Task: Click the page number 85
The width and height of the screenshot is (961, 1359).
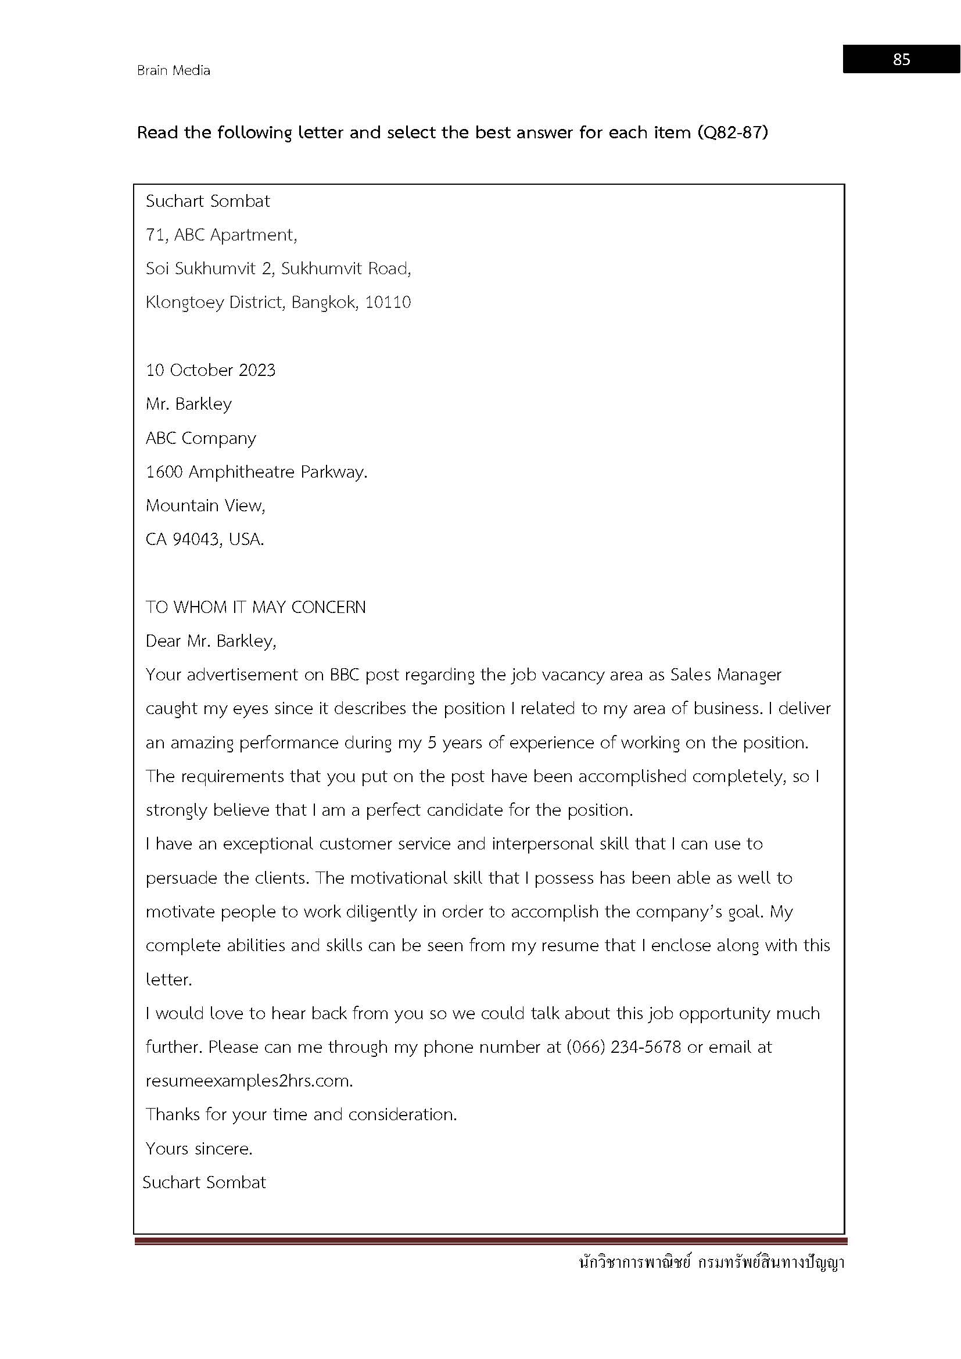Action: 901,59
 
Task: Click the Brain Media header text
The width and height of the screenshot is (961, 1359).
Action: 173,70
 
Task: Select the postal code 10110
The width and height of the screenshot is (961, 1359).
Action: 388,303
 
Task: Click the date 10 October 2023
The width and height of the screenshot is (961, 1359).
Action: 211,371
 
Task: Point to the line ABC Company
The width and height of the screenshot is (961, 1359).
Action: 200,439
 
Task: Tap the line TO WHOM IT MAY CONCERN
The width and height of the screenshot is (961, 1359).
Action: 256,607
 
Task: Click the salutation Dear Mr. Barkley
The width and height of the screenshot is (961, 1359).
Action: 211,641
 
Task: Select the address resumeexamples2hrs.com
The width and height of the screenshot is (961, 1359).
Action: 249,1081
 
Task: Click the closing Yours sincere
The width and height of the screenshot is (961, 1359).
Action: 199,1149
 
